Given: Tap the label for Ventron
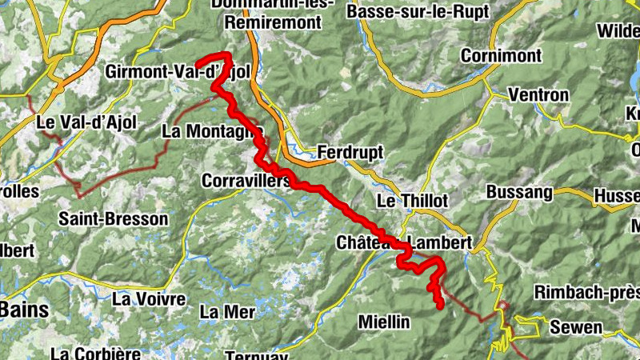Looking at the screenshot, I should [538, 95].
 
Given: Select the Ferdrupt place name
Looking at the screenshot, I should [350, 151].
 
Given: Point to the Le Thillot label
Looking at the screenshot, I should [411, 200].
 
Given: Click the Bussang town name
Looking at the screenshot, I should [519, 193].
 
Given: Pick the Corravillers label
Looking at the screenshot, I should [246, 181].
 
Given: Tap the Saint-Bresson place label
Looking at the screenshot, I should [114, 218].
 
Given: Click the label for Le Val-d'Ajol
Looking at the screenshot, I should [86, 123].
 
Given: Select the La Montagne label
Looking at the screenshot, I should [211, 130].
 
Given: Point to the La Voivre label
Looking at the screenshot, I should [149, 299].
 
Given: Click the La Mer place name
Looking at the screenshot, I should [227, 310].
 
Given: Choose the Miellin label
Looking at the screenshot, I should [384, 322].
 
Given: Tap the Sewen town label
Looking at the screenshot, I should [577, 327].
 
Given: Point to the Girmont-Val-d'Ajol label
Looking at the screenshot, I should [178, 73].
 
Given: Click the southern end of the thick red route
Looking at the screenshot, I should [439, 306].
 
